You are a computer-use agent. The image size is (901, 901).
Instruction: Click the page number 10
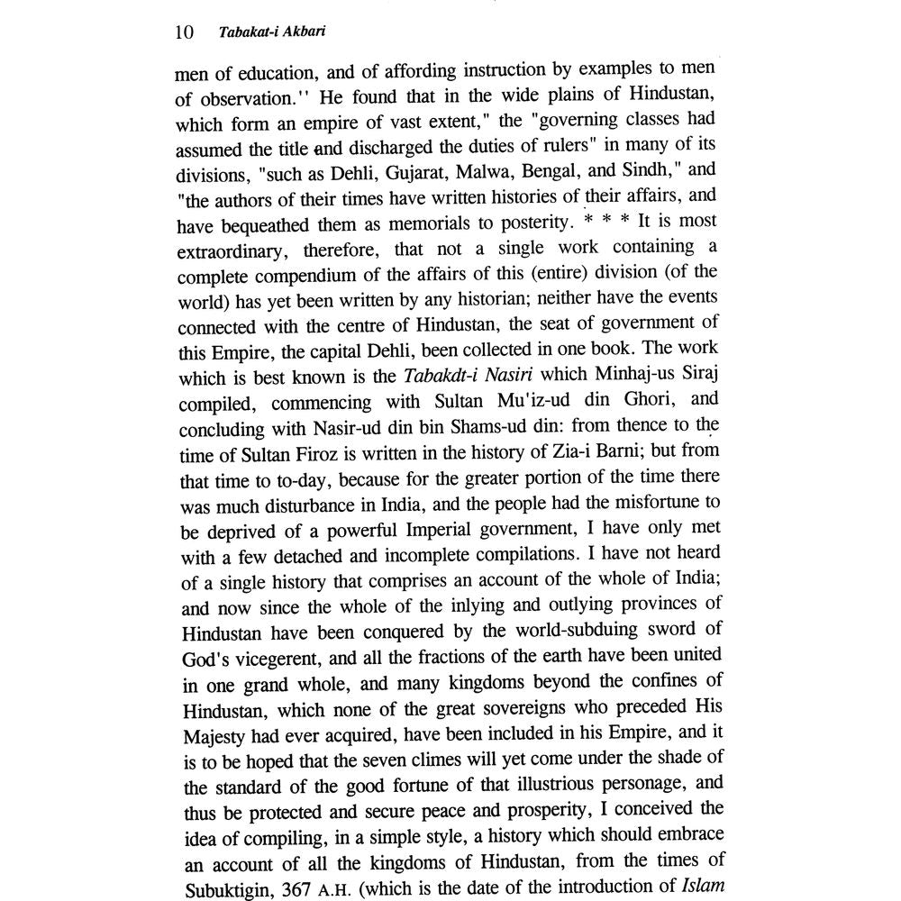pyautogui.click(x=183, y=33)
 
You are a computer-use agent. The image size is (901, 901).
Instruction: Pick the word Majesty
pyautogui.click(x=213, y=732)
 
